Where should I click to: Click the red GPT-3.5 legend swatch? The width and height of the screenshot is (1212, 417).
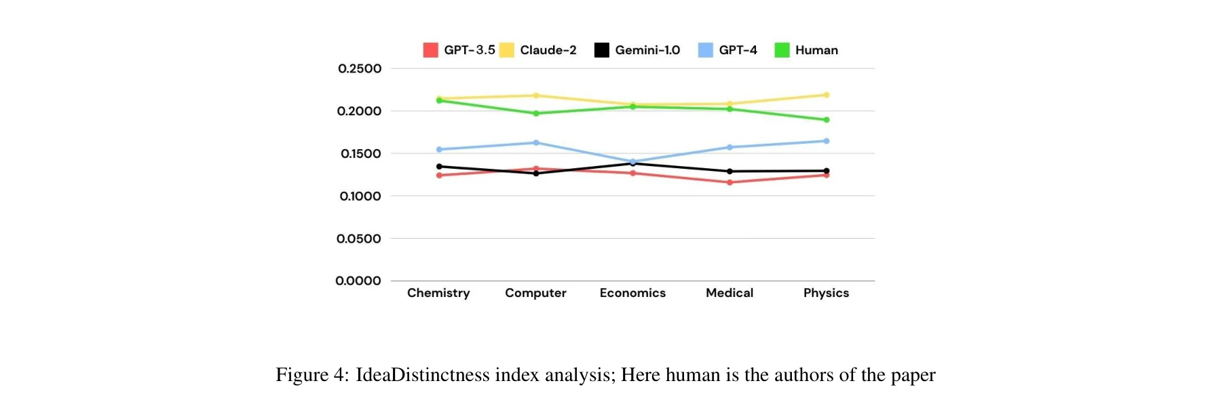[x=430, y=50]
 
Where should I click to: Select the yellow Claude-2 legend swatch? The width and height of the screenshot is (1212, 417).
[x=506, y=50]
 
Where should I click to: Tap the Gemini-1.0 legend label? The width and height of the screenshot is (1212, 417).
[x=647, y=50]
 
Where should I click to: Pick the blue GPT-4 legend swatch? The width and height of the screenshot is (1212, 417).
[x=706, y=50]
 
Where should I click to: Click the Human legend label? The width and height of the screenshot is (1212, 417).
[x=816, y=50]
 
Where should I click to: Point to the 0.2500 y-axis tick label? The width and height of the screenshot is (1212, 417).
[x=360, y=68]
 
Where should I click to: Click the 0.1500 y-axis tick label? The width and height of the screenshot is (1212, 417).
[x=360, y=154]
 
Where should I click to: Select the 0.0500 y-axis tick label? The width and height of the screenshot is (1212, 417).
[x=359, y=239]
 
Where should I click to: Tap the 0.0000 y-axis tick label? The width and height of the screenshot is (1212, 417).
[x=358, y=281]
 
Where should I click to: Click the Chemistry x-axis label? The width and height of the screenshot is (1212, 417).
[x=438, y=293]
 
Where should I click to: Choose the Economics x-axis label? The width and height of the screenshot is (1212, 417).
[x=632, y=293]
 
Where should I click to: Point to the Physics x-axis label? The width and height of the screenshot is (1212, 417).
[x=826, y=293]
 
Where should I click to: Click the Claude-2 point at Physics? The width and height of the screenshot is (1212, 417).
[x=826, y=95]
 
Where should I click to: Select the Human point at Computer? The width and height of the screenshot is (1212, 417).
[x=536, y=113]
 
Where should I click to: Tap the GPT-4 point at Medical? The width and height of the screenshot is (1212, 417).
[x=730, y=147]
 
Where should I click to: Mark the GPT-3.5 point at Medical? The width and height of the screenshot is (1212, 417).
[x=730, y=182]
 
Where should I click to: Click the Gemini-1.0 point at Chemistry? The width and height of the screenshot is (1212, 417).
[x=439, y=166]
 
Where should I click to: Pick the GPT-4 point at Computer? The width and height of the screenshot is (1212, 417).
[x=536, y=142]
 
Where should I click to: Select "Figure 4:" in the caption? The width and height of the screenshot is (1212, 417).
[x=312, y=375]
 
